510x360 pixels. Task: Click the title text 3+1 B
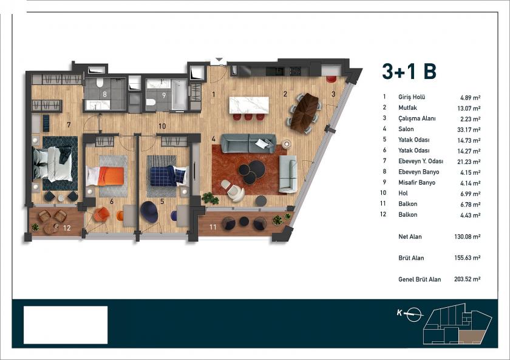[409, 72]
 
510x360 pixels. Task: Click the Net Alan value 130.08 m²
[467, 236]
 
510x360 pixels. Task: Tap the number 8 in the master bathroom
[105, 94]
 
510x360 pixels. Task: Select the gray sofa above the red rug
[248, 143]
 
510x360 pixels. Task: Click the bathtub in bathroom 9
[178, 96]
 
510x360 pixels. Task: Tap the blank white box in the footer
[66, 325]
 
